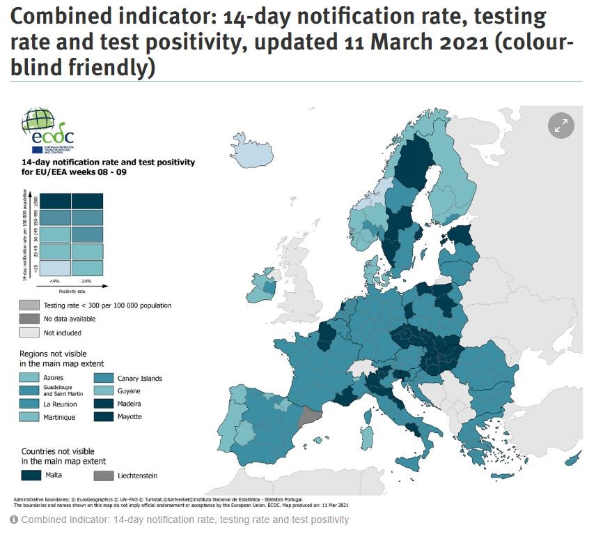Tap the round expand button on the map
click(560, 126)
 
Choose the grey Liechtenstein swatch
click(102, 475)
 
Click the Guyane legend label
click(130, 391)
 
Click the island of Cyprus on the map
click(572, 458)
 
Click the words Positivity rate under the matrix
click(70, 291)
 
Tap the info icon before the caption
click(14, 520)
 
